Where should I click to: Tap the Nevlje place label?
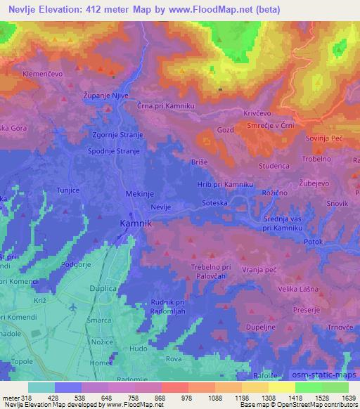tap(161, 206)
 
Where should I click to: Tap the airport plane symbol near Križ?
tap(75, 307)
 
